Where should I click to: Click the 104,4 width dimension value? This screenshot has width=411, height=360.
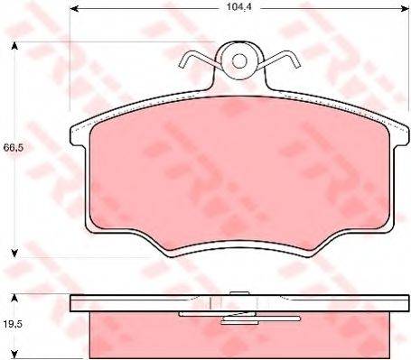point(239,7)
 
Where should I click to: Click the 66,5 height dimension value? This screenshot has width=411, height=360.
point(14,148)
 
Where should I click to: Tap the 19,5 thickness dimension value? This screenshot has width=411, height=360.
point(14,325)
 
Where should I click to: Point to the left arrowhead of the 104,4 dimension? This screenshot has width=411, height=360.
point(74,9)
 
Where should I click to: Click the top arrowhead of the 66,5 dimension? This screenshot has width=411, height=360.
point(14,46)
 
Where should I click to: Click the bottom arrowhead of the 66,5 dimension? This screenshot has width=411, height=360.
point(14,254)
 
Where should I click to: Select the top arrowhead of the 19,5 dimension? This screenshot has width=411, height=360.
point(14,299)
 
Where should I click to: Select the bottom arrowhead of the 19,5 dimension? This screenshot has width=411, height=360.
point(14,355)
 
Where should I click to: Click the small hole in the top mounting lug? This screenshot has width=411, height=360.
point(239,61)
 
